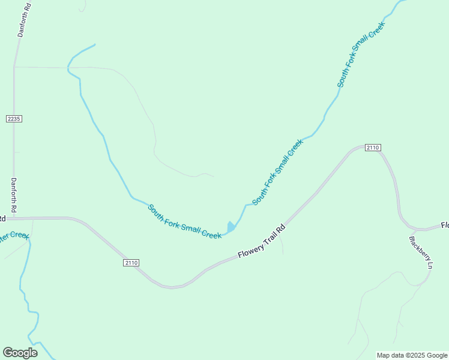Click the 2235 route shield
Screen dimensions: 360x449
pos(14,119)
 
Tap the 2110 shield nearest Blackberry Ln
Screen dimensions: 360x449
pos(372,148)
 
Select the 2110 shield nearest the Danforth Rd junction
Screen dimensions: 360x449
pos(131,263)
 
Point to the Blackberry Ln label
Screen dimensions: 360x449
pos(421,252)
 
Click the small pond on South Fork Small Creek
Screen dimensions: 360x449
pos(231,227)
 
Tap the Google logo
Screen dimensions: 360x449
pos(20,353)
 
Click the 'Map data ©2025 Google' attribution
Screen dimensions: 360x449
pos(412,355)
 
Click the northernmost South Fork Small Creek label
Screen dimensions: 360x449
pos(360,58)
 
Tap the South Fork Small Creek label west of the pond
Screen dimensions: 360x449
pos(185,222)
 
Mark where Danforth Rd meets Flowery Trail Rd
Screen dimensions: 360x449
pos(14,218)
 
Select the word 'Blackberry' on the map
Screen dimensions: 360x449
pos(418,248)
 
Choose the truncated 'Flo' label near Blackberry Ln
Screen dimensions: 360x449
pos(445,226)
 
